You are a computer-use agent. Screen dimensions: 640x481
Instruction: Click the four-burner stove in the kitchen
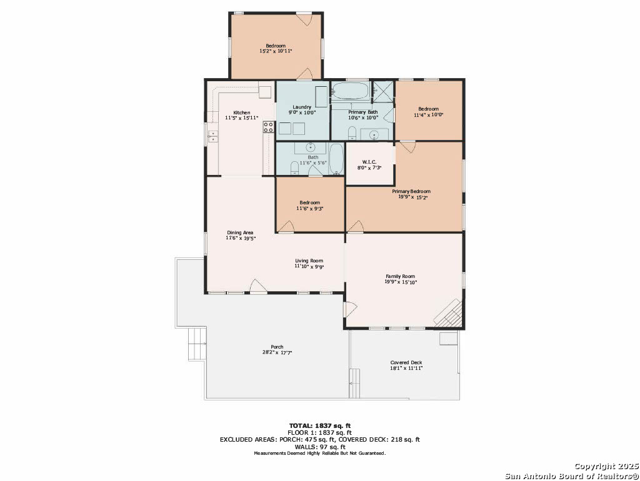268,127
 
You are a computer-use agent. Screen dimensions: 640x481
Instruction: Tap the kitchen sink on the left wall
212,136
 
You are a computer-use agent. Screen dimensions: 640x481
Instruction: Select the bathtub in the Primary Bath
350,91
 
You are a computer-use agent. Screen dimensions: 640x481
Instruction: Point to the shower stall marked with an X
384,92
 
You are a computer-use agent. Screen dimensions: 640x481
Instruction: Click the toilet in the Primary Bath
352,133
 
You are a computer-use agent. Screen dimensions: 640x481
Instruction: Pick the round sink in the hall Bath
311,147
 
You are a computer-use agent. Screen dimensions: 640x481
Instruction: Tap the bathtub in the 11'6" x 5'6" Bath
336,159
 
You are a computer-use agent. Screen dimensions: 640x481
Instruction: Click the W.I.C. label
369,162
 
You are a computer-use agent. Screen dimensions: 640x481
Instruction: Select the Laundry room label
302,107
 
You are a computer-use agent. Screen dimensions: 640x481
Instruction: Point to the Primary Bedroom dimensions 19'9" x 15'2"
412,197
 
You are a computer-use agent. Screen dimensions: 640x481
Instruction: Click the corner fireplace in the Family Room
449,313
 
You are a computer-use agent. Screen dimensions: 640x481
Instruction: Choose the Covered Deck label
406,362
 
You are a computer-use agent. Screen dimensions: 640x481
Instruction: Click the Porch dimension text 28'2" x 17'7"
277,352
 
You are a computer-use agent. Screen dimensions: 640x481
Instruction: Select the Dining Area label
240,232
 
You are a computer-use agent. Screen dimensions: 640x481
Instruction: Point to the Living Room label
309,260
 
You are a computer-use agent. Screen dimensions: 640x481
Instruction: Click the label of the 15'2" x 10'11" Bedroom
276,46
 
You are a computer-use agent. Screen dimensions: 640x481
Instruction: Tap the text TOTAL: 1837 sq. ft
320,426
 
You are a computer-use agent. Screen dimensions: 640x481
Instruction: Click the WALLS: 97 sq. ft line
320,447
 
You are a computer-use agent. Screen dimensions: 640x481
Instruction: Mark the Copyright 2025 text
606,466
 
